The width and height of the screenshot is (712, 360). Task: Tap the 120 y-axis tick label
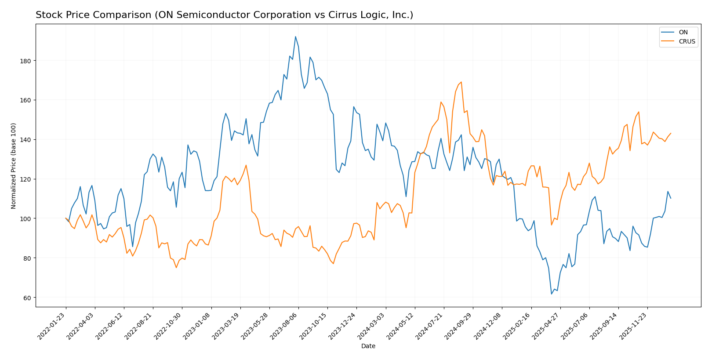[x=27, y=179]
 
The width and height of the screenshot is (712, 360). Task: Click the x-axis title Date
[x=368, y=346]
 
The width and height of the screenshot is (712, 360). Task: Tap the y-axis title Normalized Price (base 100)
[x=14, y=166]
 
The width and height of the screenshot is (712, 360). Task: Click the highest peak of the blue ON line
[x=295, y=36]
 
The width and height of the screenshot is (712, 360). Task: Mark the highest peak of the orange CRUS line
[x=461, y=82]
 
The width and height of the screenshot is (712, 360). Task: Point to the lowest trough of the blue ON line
[x=551, y=294]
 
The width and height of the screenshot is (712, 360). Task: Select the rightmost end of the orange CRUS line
[x=671, y=133]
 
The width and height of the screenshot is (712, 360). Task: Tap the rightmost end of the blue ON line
[x=671, y=198]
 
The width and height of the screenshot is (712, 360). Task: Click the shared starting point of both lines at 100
[x=66, y=218]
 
